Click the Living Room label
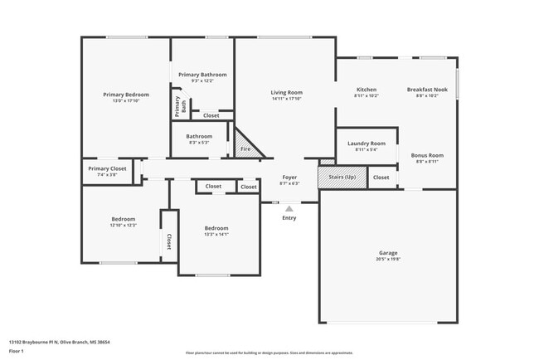coord(287,92)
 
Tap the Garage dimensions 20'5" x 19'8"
coord(389,258)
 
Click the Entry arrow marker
coord(289,209)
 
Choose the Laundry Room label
coord(366,143)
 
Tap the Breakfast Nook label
coord(428,89)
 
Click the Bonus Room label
coord(428,155)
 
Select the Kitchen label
coord(366,89)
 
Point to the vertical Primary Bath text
coord(177,105)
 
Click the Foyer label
coord(289,177)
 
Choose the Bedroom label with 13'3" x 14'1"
coord(216,227)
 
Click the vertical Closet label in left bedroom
coord(169,241)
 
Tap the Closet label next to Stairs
coord(381,178)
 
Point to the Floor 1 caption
coord(17,351)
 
